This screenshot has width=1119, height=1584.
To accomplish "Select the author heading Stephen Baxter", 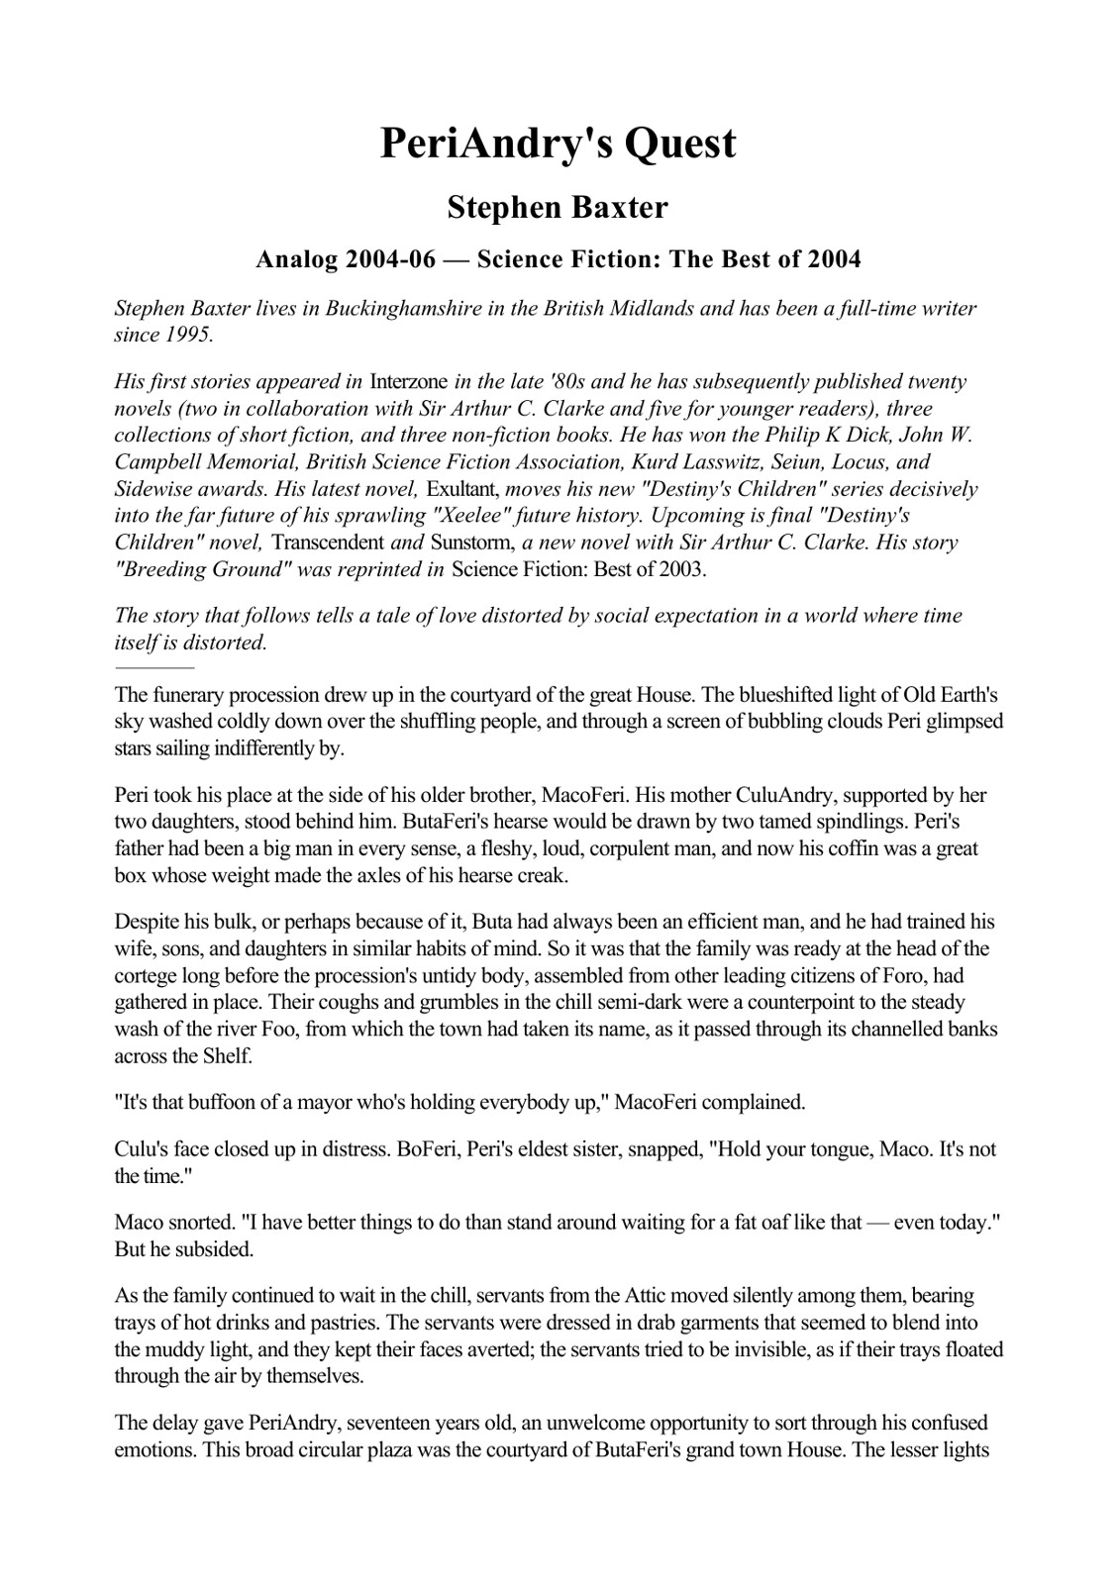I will tap(558, 208).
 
